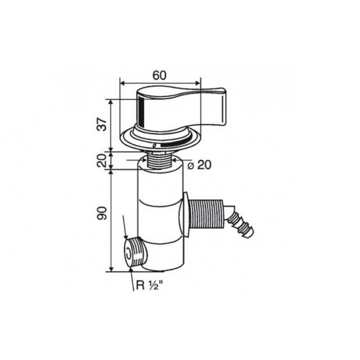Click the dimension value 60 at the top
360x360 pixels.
[159, 75]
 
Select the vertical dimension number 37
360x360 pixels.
[103, 125]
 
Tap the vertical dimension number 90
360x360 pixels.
[103, 213]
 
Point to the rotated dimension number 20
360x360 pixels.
[103, 160]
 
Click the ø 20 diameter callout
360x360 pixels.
[199, 165]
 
